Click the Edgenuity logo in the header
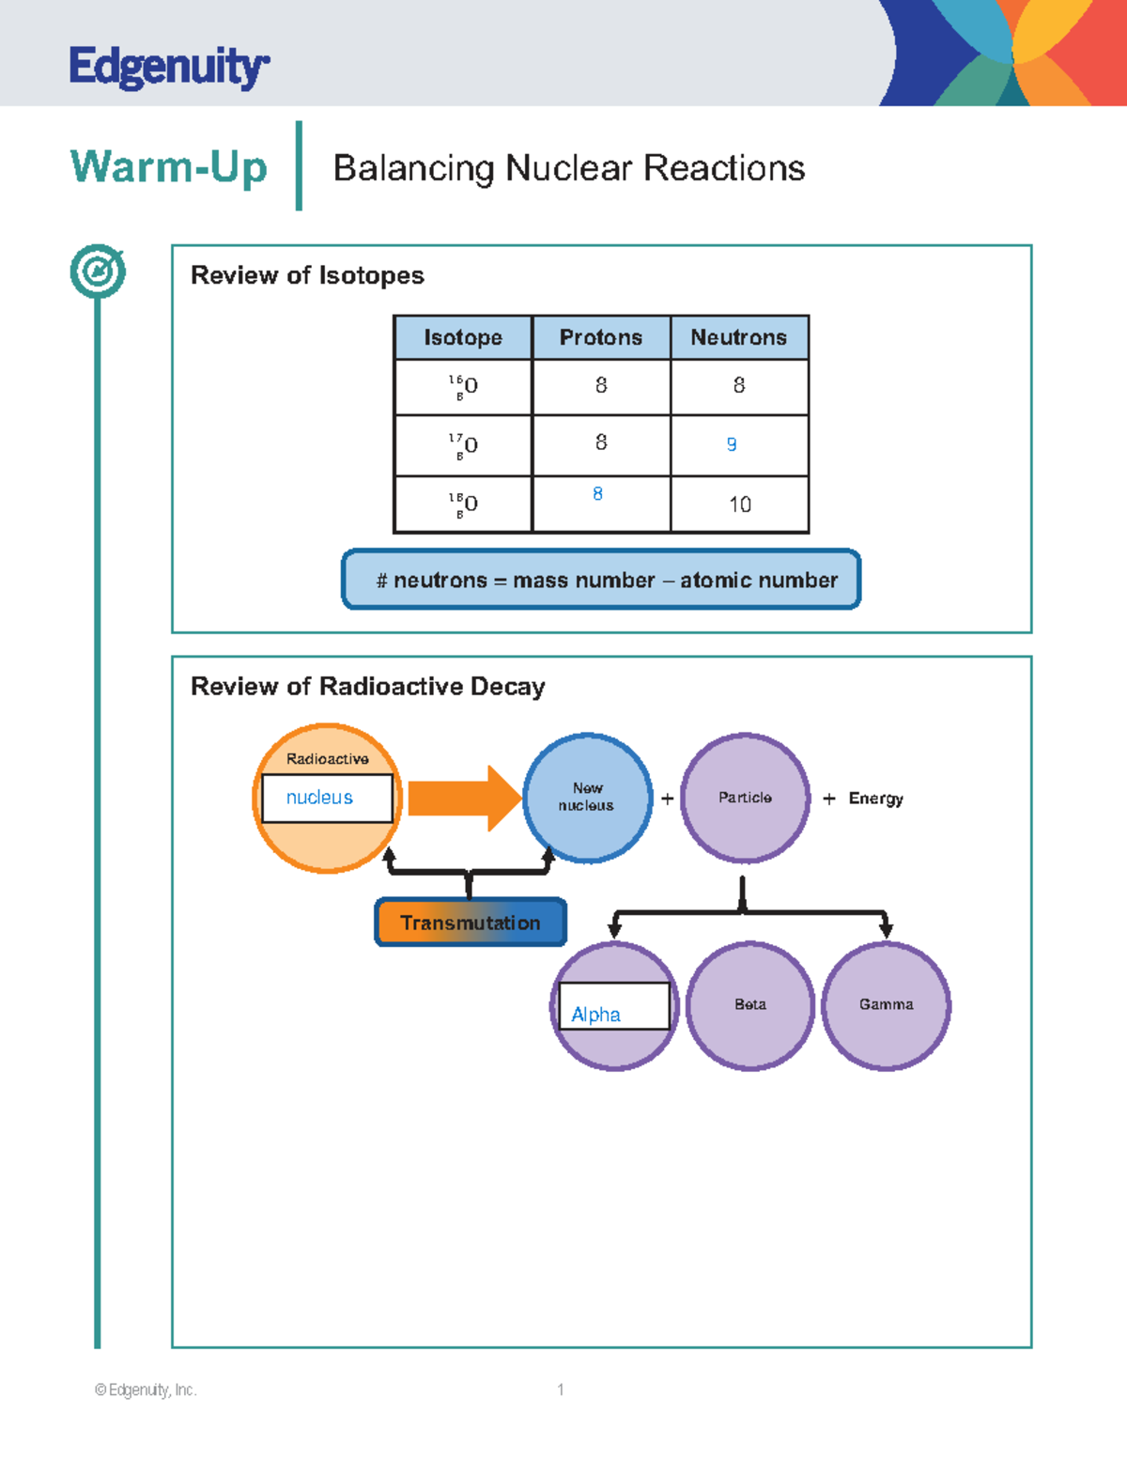pyautogui.click(x=169, y=67)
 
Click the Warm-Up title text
pyautogui.click(x=169, y=167)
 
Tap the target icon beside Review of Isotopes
pyautogui.click(x=98, y=272)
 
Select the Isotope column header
pyautogui.click(x=463, y=337)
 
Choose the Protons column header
pyautogui.click(x=601, y=337)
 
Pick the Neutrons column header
pyautogui.click(x=739, y=337)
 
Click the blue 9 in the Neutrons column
pyautogui.click(x=732, y=444)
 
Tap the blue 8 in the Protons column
pyautogui.click(x=597, y=494)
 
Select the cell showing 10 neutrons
pyautogui.click(x=740, y=504)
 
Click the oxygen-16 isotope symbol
pyautogui.click(x=463, y=386)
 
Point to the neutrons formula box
pyautogui.click(x=601, y=580)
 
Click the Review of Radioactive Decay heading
pyautogui.click(x=367, y=686)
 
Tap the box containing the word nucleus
pyautogui.click(x=327, y=798)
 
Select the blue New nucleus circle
pyautogui.click(x=587, y=798)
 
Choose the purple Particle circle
pyautogui.click(x=745, y=798)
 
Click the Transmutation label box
pyautogui.click(x=471, y=923)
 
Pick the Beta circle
pyautogui.click(x=749, y=1005)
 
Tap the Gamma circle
pyautogui.click(x=886, y=1005)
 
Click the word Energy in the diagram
pyautogui.click(x=875, y=799)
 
